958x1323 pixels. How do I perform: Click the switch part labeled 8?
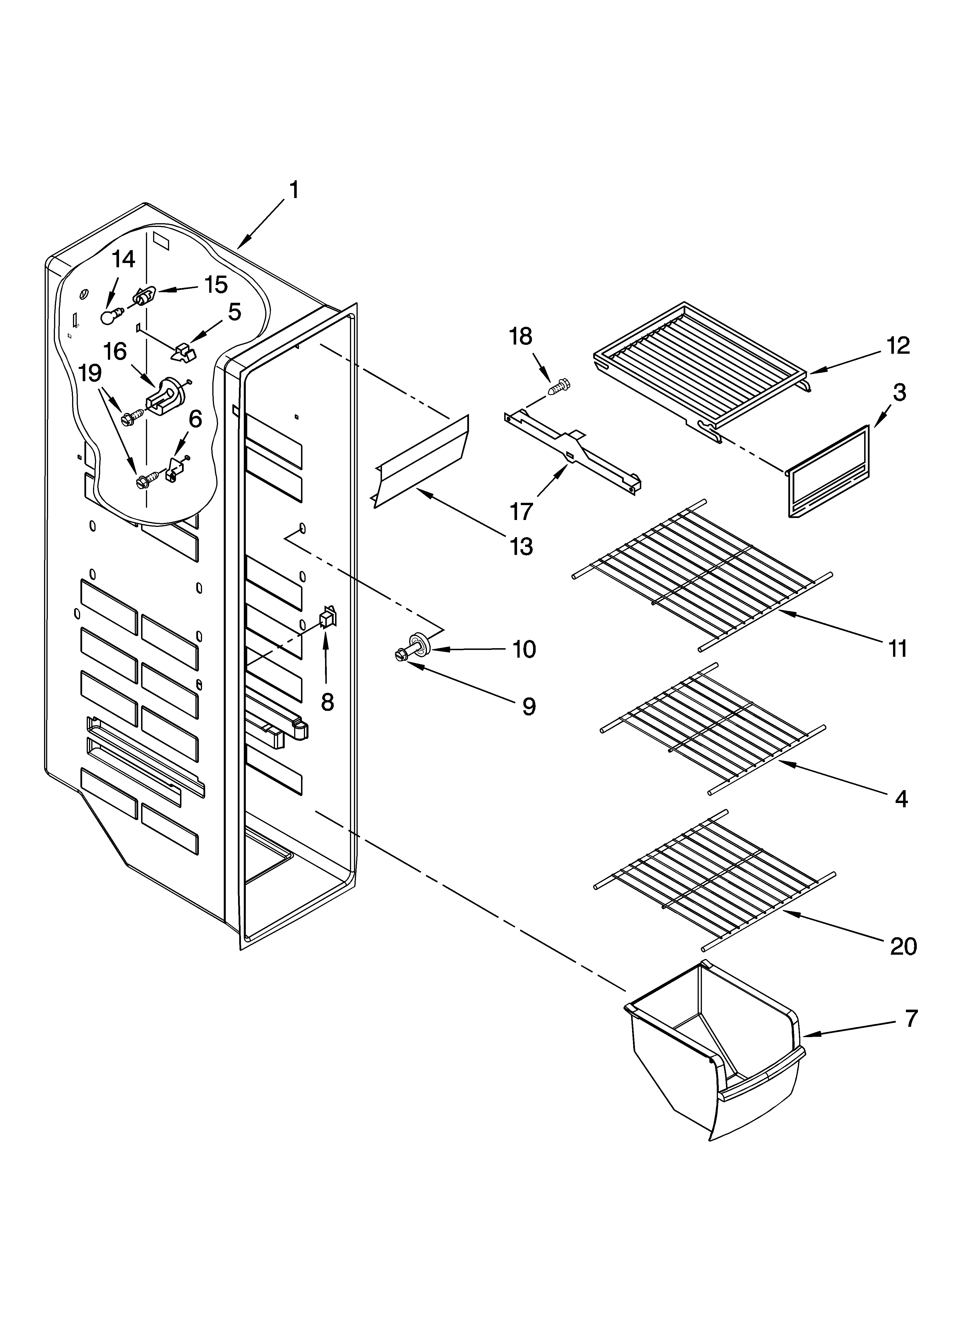[328, 617]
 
